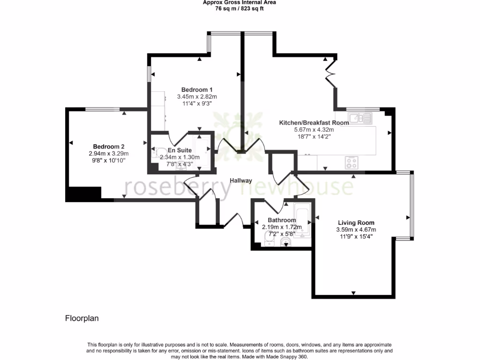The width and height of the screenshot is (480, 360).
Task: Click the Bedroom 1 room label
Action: (x=197, y=90)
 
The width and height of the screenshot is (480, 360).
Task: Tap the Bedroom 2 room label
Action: (x=108, y=146)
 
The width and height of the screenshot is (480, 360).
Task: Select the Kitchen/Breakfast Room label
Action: (x=314, y=123)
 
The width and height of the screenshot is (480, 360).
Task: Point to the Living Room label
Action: (x=356, y=223)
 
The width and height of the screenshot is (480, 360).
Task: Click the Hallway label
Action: (x=241, y=180)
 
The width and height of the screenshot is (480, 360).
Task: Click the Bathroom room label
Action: (x=282, y=220)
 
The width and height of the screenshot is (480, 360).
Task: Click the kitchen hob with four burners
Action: (x=352, y=162)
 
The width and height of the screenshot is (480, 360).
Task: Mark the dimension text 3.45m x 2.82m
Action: (x=197, y=97)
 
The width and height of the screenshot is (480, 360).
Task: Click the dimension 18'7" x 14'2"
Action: (x=314, y=137)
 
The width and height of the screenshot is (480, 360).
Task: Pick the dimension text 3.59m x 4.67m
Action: (x=356, y=230)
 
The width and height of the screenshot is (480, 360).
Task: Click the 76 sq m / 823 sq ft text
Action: (x=239, y=8)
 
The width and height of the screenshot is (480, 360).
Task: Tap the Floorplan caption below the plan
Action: (x=82, y=318)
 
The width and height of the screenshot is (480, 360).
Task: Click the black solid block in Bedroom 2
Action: (x=84, y=194)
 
